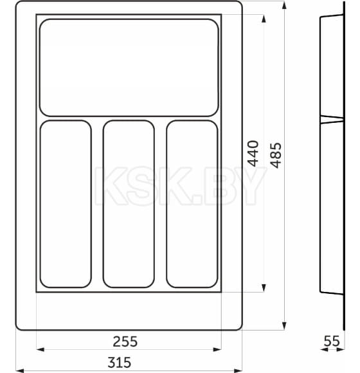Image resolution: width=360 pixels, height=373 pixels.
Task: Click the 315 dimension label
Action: pyautogui.click(x=129, y=362)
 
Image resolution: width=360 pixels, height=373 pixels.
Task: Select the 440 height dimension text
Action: pyautogui.click(x=253, y=154)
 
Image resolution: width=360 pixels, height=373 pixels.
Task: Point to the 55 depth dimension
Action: pyautogui.click(x=331, y=341)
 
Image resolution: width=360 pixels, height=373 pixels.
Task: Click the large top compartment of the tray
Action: pyautogui.click(x=129, y=67)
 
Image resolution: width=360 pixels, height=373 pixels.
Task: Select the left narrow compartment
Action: pyautogui.click(x=66, y=203)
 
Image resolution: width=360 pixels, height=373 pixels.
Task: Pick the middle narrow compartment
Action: pyautogui.click(x=129, y=203)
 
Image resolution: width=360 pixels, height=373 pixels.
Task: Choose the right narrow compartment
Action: pyautogui.click(x=192, y=203)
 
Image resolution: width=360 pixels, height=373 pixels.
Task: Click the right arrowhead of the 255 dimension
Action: pyautogui.click(x=218, y=350)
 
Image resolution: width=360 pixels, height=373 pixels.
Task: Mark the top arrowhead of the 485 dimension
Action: pyautogui.click(x=283, y=5)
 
